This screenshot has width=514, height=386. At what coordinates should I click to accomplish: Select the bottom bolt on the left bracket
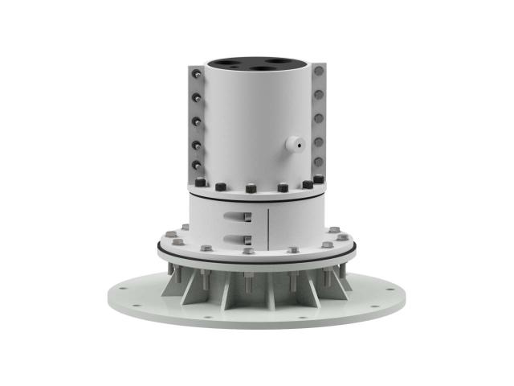click(195, 167)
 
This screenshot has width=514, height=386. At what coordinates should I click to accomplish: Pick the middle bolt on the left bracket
click(195, 122)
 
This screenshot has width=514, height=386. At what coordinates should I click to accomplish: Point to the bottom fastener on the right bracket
click(319, 165)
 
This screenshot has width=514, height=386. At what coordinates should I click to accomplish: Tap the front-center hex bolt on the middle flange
click(248, 250)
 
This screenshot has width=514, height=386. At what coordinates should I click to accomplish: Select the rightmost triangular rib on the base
click(341, 283)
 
